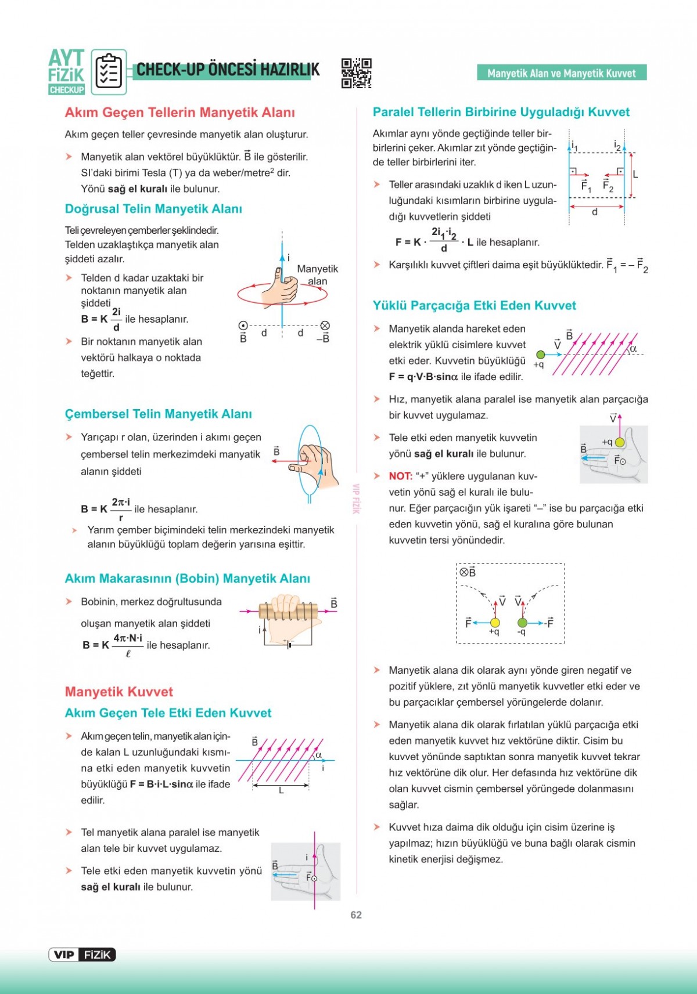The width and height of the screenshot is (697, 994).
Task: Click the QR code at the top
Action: coord(356,73)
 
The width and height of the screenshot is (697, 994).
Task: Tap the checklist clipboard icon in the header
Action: coord(109,73)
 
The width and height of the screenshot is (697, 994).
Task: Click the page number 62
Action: coord(356,915)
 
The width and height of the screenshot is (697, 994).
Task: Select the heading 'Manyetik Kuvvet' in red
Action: coord(119,692)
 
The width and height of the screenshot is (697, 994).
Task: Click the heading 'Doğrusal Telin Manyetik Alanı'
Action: coord(153,209)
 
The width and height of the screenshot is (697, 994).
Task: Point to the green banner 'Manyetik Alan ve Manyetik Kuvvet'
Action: coord(562,73)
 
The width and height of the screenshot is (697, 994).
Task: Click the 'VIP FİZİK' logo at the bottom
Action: coord(82,955)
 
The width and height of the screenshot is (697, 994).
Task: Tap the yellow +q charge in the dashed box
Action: coord(495,623)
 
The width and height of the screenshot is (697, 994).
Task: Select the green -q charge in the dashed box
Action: coord(522,623)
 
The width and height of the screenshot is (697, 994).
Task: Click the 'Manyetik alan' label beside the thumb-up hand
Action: coord(317,275)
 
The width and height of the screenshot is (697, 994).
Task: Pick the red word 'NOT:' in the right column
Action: coord(401,476)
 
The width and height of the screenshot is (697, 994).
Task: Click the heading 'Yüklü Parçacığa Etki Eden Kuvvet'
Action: coord(475,306)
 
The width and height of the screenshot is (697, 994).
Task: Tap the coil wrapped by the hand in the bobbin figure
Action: coord(288,610)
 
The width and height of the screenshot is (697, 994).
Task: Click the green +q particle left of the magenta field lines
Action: coord(541,355)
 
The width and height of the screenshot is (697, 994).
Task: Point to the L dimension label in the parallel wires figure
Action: coord(635,174)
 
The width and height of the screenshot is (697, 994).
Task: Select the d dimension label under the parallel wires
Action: coord(595,212)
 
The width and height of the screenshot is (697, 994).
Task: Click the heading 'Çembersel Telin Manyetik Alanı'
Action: coord(159,414)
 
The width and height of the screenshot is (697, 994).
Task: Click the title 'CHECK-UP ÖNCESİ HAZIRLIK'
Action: coord(228,70)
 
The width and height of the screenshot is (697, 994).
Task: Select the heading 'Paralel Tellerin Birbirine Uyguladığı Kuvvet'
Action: coord(501,112)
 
